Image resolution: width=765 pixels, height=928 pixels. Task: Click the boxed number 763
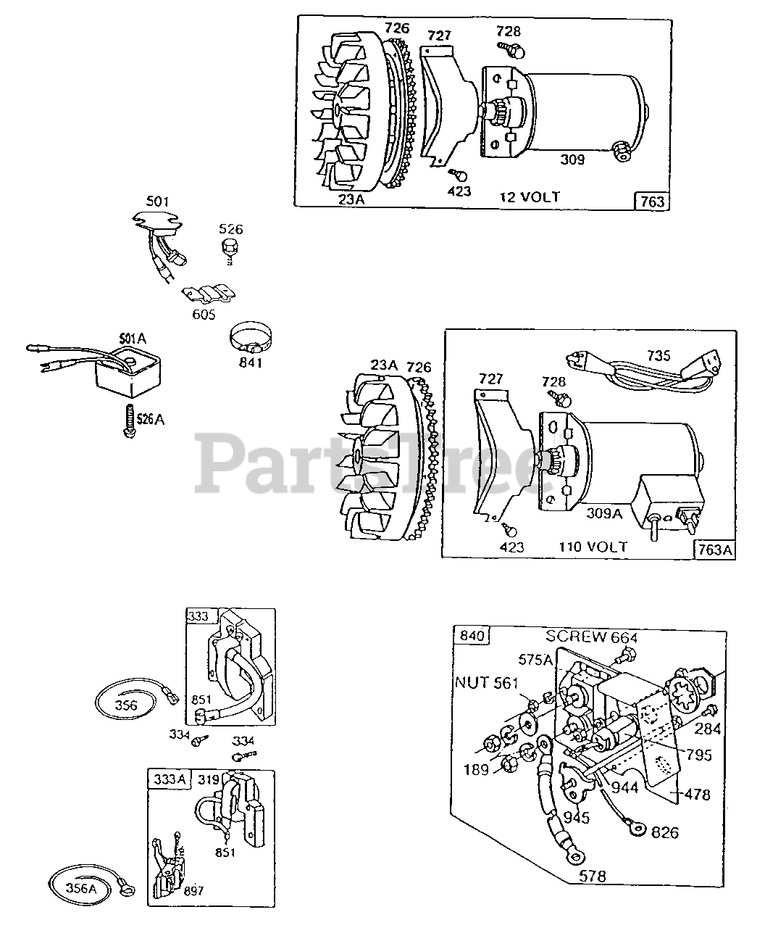[x=652, y=202]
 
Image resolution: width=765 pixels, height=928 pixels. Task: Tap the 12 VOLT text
[x=530, y=196]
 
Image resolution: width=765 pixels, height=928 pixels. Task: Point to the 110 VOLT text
[x=593, y=547]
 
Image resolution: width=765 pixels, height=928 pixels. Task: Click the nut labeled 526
[x=229, y=249]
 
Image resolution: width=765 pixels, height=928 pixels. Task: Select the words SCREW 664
[x=592, y=637]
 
